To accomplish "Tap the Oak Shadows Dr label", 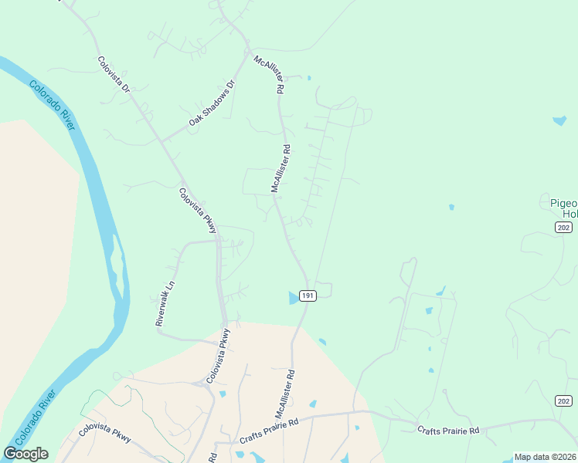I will point(211,103).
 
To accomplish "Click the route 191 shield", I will point(308,296).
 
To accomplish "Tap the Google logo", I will point(25,453).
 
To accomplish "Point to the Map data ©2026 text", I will point(544,457).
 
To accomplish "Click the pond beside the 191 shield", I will point(293,298).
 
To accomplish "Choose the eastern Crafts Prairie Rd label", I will point(448,430).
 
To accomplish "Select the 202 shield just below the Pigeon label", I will point(563,226).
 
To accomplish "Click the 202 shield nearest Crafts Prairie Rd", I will point(564,400).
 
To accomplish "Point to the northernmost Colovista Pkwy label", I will point(198,210).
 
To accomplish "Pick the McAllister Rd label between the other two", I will point(280,168).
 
